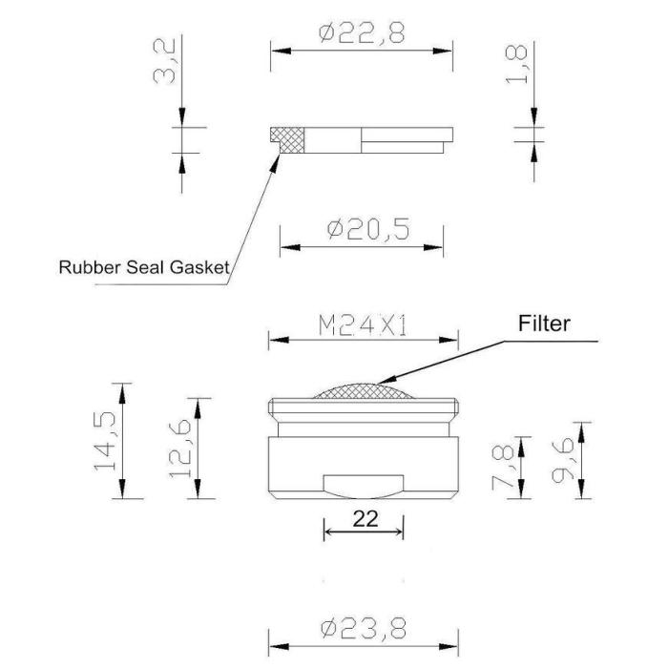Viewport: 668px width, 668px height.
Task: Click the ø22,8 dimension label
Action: (x=362, y=33)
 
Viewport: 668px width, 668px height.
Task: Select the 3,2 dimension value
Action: (x=164, y=61)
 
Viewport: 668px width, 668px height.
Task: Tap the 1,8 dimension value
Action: (x=516, y=64)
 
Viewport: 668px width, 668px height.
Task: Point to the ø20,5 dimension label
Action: (x=368, y=229)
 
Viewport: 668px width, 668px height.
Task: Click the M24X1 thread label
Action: (x=363, y=326)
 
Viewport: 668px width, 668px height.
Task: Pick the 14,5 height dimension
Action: (x=105, y=441)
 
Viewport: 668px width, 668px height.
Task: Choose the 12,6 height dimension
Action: (x=179, y=449)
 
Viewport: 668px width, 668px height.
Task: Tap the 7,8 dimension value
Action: (x=503, y=468)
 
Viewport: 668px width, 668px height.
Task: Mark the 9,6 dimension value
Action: (x=562, y=461)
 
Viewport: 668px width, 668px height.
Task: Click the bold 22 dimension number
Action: (x=365, y=519)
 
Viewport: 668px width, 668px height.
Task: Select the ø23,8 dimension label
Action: (x=364, y=628)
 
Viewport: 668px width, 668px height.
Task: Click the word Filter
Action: (x=544, y=324)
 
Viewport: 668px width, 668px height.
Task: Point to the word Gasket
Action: (x=199, y=267)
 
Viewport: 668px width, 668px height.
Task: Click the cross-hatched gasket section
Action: (x=288, y=139)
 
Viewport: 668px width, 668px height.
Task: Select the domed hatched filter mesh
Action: (x=363, y=391)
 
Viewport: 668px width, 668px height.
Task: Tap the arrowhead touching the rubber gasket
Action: (x=276, y=163)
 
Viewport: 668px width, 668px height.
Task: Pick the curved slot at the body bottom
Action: (x=364, y=486)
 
